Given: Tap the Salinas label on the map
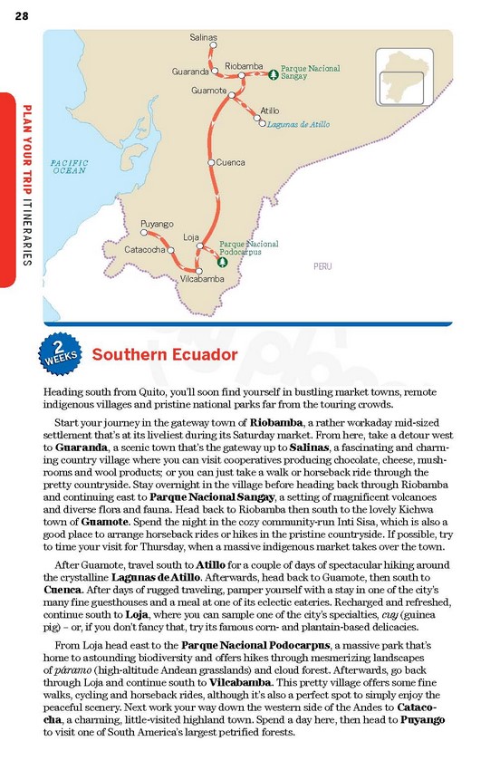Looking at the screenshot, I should pos(203,37).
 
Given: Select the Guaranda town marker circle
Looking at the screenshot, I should pos(215,71).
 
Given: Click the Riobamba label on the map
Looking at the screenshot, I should pos(244,65).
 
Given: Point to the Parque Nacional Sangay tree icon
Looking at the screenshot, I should pos(274,74).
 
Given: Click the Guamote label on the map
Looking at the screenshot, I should pos(209,91).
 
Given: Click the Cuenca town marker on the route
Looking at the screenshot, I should pos(211,163).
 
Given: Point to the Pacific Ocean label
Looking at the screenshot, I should pos(69,166).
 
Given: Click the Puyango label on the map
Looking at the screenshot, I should pos(157,223).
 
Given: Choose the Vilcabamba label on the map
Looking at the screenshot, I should pos(202,279).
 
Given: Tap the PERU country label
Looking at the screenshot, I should pos(322,266).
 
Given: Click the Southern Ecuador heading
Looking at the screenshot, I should pos(165,354).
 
